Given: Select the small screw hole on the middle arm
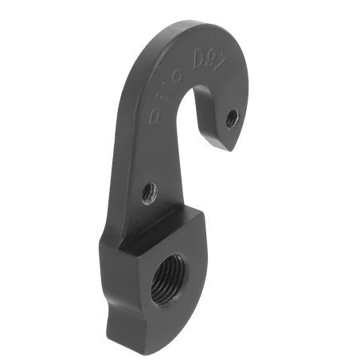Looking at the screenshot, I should (x=149, y=191).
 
